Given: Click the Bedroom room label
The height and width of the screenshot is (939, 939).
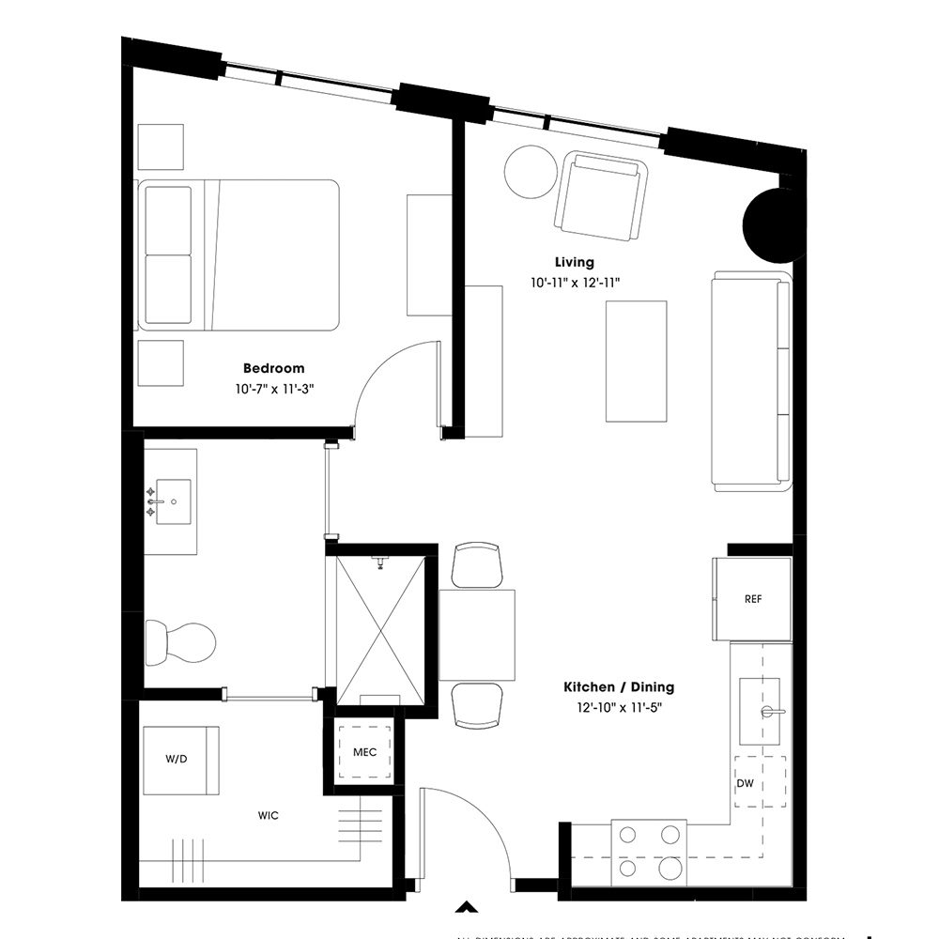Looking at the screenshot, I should click(273, 369).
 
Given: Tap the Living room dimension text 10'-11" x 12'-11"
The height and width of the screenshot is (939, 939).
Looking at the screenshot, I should click(574, 282).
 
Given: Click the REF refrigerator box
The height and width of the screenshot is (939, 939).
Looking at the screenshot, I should click(752, 599).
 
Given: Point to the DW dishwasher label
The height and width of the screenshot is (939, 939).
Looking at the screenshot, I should click(746, 784).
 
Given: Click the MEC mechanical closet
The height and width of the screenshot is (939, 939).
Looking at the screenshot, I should click(364, 752).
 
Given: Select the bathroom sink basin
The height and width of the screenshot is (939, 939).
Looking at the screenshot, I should click(172, 502).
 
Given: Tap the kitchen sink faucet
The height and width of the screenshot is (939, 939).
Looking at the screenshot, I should click(772, 712).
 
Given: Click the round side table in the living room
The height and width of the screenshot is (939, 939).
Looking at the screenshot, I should click(531, 171).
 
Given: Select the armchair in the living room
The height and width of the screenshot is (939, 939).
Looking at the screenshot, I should click(602, 197).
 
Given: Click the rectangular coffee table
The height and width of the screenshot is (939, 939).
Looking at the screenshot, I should click(636, 361).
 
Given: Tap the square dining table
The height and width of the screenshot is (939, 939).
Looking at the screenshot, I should click(477, 635).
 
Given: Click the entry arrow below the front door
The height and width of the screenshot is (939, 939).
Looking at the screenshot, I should click(463, 907).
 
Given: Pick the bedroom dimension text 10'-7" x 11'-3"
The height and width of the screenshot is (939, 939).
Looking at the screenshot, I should click(273, 389).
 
